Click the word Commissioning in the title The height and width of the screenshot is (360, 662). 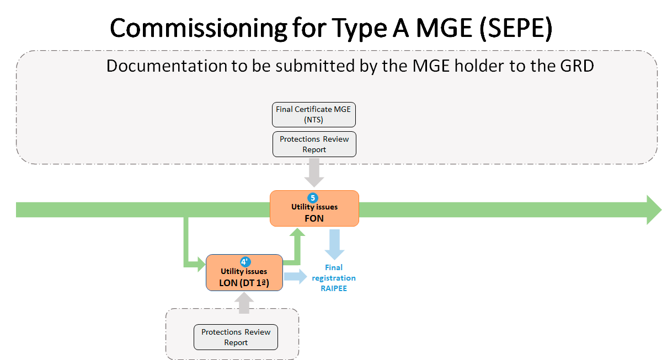(x=198, y=29)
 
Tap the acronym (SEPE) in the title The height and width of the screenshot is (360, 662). (x=516, y=28)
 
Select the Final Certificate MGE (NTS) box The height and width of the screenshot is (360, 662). (x=313, y=115)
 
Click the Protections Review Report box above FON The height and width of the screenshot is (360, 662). (x=314, y=144)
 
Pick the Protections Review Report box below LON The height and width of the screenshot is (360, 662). (x=236, y=337)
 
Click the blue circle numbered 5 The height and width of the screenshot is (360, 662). (x=313, y=198)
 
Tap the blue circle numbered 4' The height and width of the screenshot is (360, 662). (x=245, y=262)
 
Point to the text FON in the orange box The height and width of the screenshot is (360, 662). (x=314, y=218)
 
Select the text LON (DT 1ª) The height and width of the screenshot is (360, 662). (x=244, y=283)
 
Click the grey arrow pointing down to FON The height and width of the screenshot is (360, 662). (x=314, y=173)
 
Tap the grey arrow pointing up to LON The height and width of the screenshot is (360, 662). (x=244, y=303)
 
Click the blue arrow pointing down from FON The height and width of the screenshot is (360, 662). (x=334, y=245)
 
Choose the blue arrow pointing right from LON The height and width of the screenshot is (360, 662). (x=296, y=276)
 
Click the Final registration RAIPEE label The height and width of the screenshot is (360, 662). (x=334, y=278)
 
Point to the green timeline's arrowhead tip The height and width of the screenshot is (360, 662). (x=661, y=209)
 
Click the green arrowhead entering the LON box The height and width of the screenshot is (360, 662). (x=201, y=264)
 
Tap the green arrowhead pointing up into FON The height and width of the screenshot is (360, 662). (x=297, y=232)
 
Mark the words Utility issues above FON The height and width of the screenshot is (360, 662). (x=314, y=207)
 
